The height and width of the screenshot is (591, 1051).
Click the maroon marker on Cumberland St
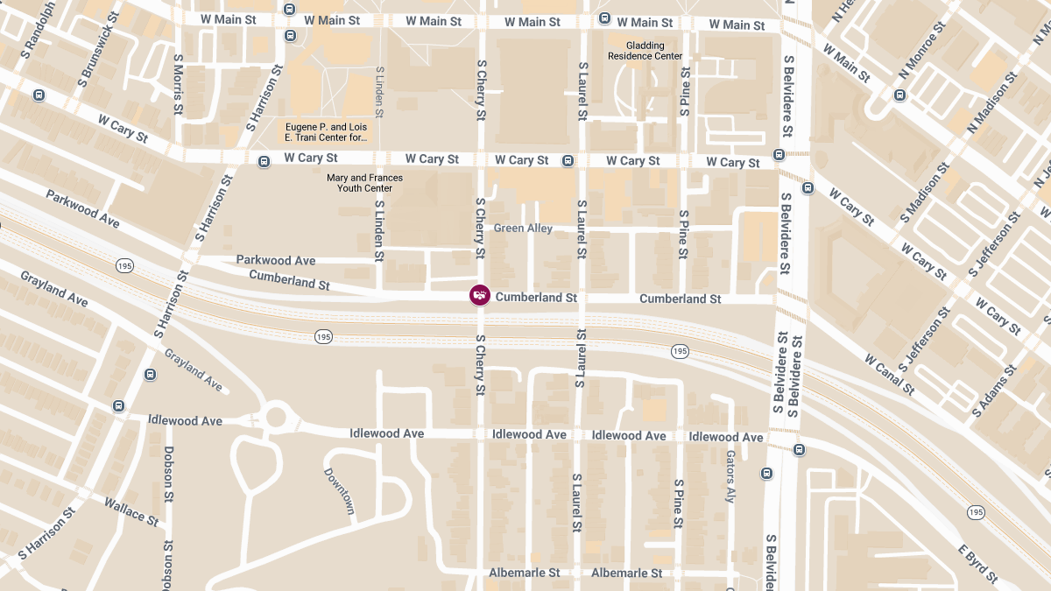point(479,296)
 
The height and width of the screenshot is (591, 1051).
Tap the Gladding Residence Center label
point(645,51)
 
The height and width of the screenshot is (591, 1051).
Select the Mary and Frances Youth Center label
point(364,183)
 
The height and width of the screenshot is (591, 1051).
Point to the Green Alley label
point(523,229)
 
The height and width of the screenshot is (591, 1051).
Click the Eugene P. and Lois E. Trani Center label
point(327,132)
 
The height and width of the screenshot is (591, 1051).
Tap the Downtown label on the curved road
point(340,490)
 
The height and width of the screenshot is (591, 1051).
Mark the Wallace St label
point(131,511)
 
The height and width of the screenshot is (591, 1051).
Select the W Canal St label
point(890,374)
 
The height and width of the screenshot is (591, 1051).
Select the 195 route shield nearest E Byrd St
point(976,511)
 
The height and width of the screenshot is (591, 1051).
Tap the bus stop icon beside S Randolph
point(39,95)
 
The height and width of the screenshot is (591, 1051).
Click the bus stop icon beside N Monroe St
point(899,95)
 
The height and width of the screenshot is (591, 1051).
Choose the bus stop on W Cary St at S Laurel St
point(568,160)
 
